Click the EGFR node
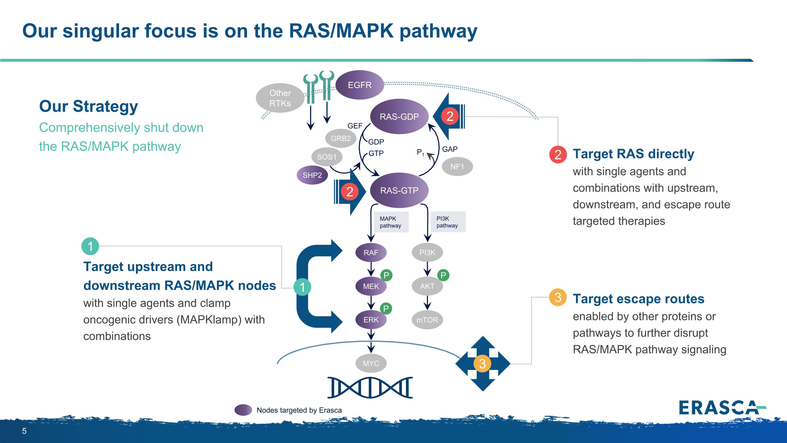click(x=360, y=85)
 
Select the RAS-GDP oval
click(x=399, y=117)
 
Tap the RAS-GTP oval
click(x=399, y=190)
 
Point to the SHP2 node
click(x=312, y=175)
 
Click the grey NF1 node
click(x=457, y=167)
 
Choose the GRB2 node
click(x=341, y=138)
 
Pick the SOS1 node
click(x=327, y=157)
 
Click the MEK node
click(x=371, y=286)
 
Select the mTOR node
click(x=427, y=320)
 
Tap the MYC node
click(x=371, y=363)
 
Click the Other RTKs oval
click(x=280, y=98)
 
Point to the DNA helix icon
click(x=370, y=388)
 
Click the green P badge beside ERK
click(x=386, y=309)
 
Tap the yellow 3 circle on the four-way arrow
click(x=482, y=364)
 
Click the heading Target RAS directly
click(x=633, y=154)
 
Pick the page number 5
click(x=24, y=431)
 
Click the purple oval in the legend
click(x=243, y=410)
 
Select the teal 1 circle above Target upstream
click(x=90, y=246)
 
